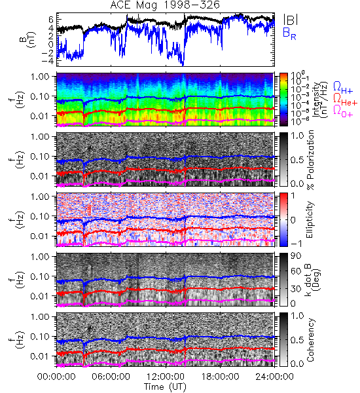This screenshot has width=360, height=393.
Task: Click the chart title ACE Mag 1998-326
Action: point(165,5)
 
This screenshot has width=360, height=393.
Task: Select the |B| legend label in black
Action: point(291,20)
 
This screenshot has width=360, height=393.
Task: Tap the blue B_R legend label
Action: point(289,33)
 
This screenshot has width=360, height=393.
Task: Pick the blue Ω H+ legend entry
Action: point(343,88)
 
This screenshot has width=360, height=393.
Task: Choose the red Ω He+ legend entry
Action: point(345,100)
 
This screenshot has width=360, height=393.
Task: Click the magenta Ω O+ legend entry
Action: point(343,111)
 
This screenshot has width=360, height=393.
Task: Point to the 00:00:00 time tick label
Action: point(56,377)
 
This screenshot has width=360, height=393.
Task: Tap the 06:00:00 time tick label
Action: point(111,377)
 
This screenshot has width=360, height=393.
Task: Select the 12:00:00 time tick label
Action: point(166,377)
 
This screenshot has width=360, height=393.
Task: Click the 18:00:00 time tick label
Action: point(220,377)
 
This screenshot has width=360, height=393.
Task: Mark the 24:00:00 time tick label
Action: point(274,377)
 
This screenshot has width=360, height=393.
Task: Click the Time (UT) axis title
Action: point(165,387)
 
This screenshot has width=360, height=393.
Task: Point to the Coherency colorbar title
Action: point(310,340)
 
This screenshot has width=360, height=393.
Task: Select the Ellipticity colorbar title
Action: point(310,219)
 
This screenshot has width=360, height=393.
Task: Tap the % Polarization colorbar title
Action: point(310,160)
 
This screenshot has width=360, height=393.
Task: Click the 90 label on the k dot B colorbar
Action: point(296,256)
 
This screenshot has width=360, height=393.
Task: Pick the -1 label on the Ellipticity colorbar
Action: point(296,243)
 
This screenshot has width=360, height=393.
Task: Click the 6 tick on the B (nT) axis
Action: point(51,19)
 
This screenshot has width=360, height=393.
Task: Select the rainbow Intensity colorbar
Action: point(283,100)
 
